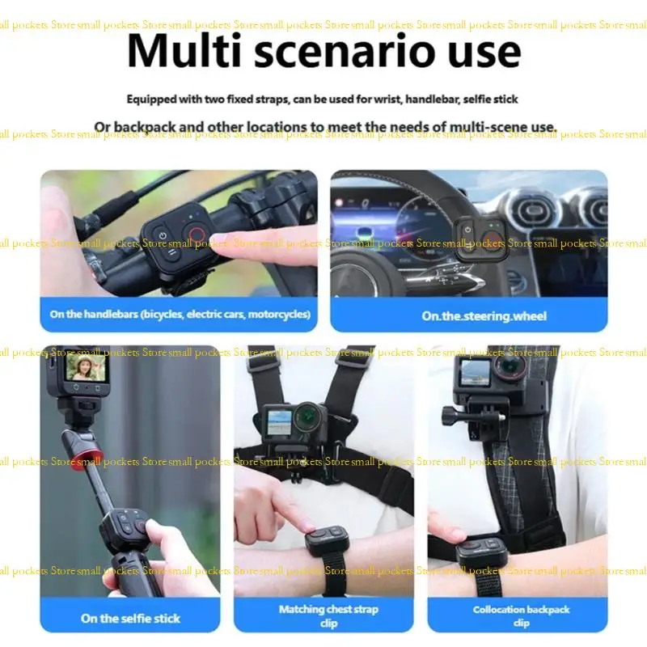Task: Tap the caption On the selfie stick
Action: (x=130, y=618)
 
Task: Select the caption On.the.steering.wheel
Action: (x=484, y=316)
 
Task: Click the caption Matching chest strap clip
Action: (x=328, y=615)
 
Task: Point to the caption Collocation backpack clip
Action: (x=522, y=615)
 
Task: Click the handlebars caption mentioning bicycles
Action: (x=180, y=315)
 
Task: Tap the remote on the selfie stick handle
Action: (x=126, y=527)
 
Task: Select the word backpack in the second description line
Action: (x=143, y=127)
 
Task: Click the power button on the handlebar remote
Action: (x=163, y=236)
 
